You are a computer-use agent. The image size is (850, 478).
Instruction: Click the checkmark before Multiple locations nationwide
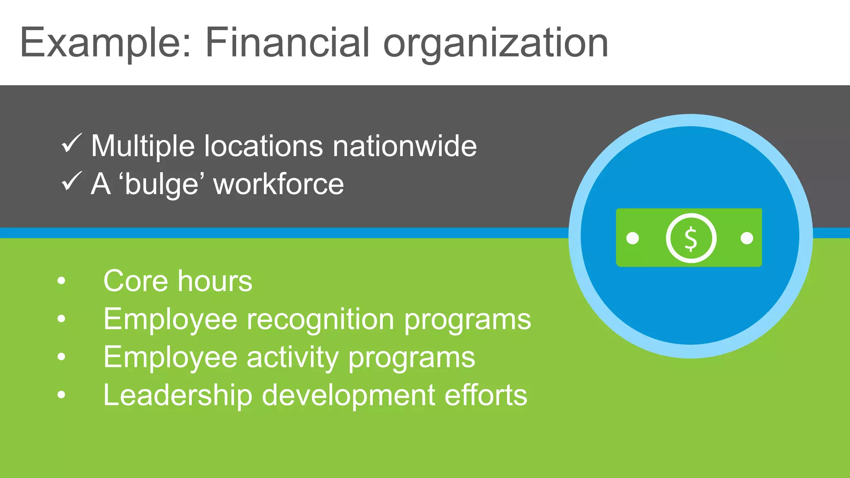click(x=71, y=144)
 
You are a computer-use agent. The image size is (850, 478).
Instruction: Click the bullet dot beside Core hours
click(x=61, y=281)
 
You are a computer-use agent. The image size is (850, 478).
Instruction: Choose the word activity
click(x=293, y=358)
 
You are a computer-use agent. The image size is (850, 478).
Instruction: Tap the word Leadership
click(x=178, y=395)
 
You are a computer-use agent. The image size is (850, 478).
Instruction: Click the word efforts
click(x=486, y=395)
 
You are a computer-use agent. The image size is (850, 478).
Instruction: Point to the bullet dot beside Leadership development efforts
click(x=61, y=395)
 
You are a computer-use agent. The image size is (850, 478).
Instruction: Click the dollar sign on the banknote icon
click(x=691, y=239)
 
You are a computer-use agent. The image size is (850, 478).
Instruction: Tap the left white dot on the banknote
click(x=633, y=238)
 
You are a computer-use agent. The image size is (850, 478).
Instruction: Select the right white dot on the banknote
click(x=747, y=238)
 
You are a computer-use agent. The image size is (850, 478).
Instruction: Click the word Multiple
click(x=143, y=146)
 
